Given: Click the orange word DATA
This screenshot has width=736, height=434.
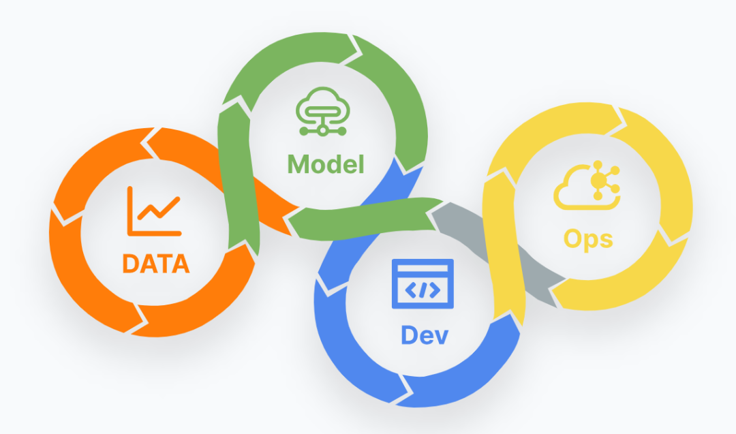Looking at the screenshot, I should (155, 263).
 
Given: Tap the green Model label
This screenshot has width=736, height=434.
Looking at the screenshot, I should (326, 164).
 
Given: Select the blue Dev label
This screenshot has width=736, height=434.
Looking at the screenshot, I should (425, 335).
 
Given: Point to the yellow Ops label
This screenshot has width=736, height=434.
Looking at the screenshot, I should (588, 238).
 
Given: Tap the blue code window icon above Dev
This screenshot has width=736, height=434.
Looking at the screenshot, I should (423, 283).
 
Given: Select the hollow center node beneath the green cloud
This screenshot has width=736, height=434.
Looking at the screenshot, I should (321, 130).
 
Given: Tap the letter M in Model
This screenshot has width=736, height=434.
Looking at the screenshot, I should (299, 164).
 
